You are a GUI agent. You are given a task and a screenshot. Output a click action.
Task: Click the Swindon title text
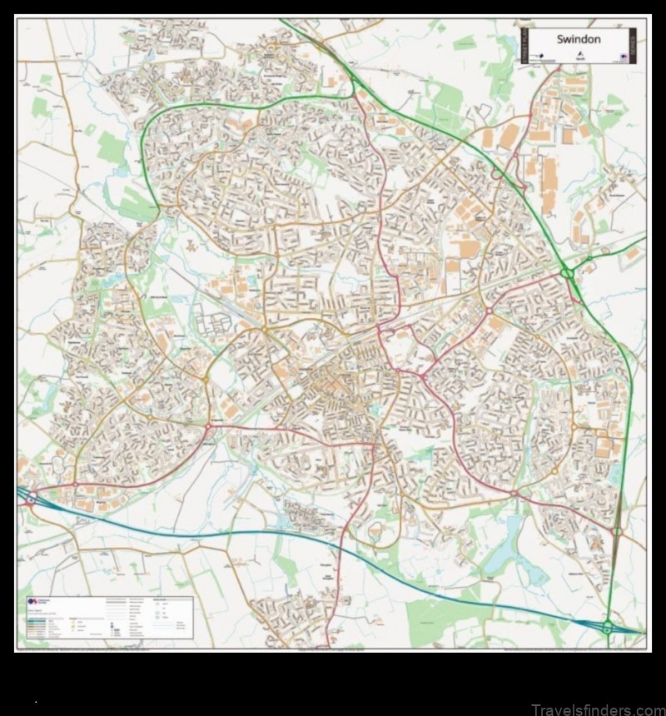(579, 39)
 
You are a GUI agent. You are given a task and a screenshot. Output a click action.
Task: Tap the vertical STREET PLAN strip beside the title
(525, 47)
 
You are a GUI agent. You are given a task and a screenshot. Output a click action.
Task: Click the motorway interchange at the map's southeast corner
(608, 627)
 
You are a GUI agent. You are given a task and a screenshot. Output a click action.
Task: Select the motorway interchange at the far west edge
(30, 500)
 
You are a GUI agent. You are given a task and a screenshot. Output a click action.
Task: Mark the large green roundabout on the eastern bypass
(568, 271)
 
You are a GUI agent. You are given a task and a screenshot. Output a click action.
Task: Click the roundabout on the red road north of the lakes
(514, 494)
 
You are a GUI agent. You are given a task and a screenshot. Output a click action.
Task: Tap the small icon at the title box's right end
(624, 56)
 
